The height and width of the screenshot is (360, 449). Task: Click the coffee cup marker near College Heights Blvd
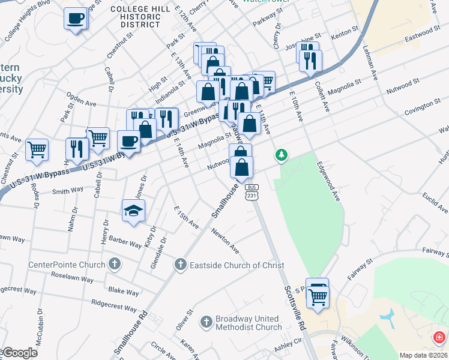click(x=76, y=18)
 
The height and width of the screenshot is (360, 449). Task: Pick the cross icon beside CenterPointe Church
click(x=114, y=265)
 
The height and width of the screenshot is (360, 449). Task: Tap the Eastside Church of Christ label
click(x=237, y=265)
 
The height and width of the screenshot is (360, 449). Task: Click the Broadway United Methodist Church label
click(x=248, y=323)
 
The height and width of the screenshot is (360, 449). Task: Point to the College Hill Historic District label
click(x=136, y=17)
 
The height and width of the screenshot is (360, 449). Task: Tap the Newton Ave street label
click(x=224, y=241)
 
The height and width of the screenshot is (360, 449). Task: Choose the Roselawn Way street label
click(x=72, y=279)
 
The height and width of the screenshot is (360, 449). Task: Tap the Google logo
click(x=19, y=353)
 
